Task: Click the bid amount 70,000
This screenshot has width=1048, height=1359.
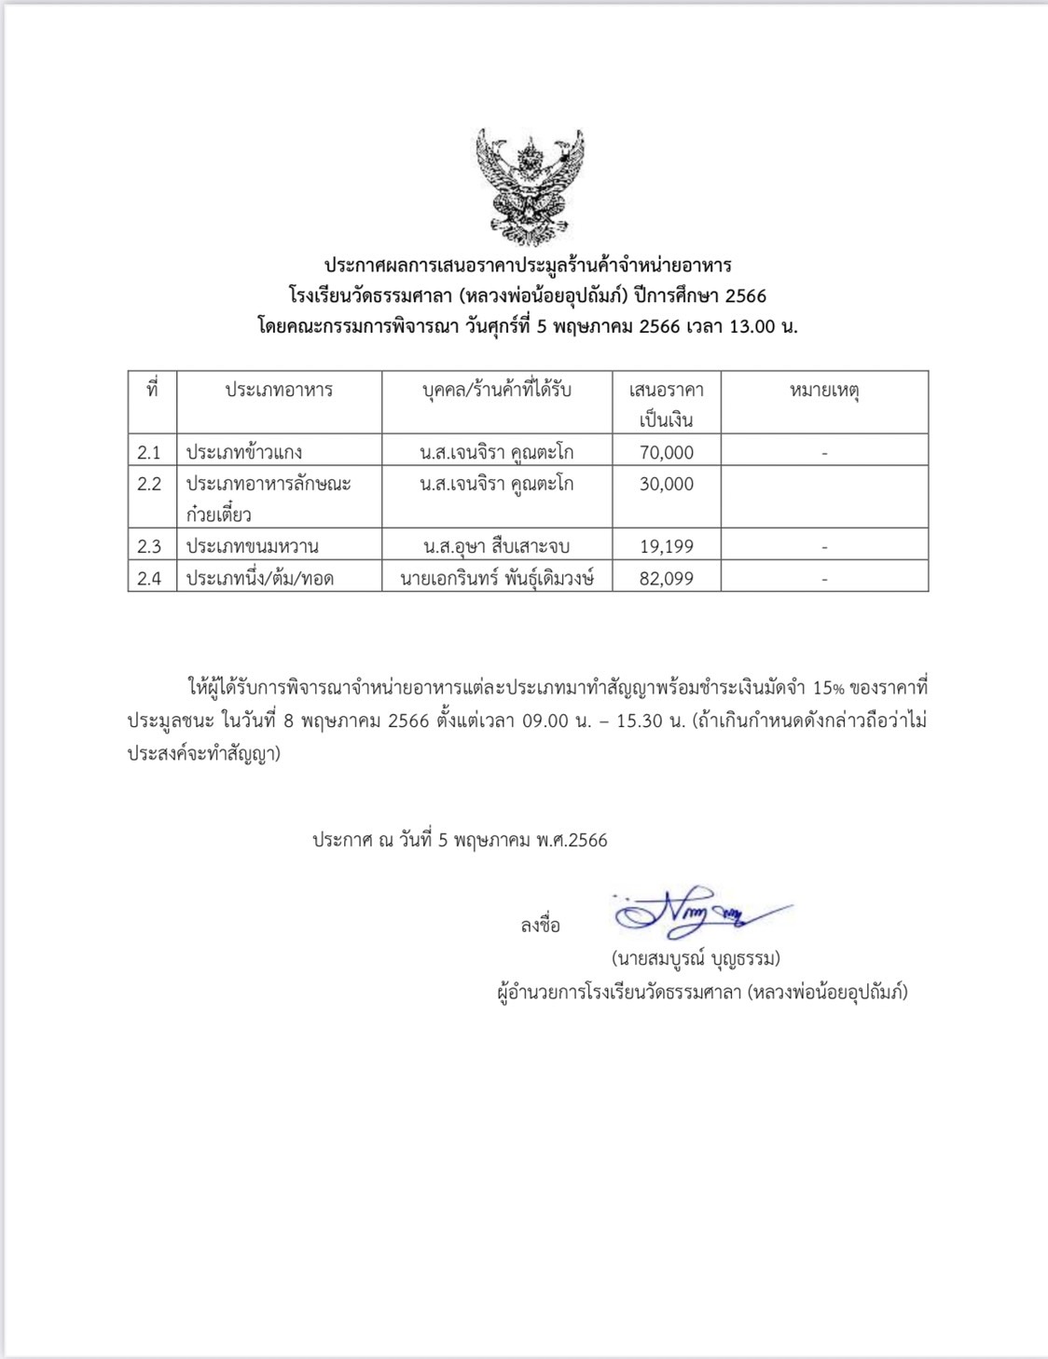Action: (x=667, y=453)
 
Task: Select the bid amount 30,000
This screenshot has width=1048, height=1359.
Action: (x=667, y=485)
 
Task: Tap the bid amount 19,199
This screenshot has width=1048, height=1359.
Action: (x=667, y=547)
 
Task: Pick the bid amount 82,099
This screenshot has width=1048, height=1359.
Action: (x=667, y=579)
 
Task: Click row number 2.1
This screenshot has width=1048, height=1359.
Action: (x=149, y=453)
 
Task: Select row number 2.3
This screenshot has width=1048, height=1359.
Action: (x=149, y=547)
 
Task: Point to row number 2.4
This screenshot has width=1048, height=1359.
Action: (x=149, y=579)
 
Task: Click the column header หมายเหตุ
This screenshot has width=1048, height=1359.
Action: (x=824, y=391)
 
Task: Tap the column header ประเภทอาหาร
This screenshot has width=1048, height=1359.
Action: (x=279, y=391)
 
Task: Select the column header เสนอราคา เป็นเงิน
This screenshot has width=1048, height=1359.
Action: (x=667, y=405)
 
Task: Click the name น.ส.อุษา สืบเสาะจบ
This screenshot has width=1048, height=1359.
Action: (x=496, y=547)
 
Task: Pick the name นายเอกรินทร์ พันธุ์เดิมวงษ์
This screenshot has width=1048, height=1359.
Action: (x=497, y=579)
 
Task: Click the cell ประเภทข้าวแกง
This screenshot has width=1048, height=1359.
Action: (x=244, y=453)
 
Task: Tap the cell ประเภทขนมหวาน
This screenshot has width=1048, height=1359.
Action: (x=253, y=547)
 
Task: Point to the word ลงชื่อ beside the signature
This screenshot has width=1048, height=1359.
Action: (x=541, y=926)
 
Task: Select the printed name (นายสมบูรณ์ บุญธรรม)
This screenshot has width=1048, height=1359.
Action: (x=696, y=958)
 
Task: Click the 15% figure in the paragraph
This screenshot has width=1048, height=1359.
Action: (x=828, y=689)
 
